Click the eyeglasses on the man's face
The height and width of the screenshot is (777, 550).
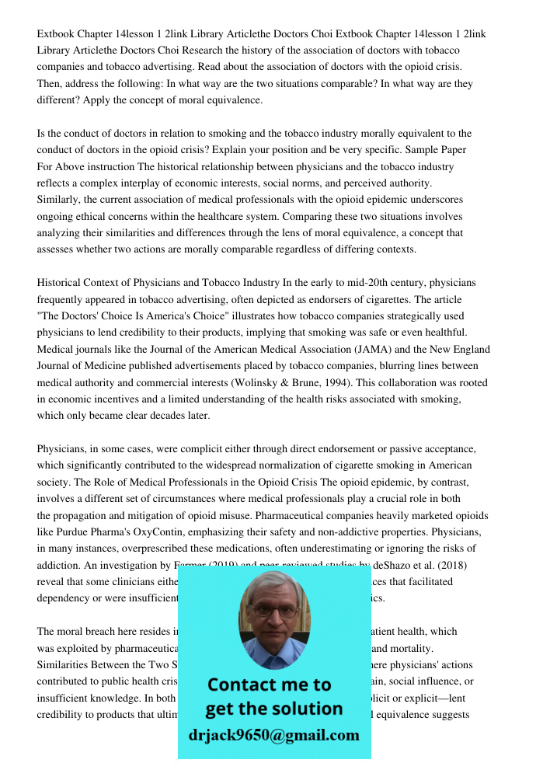(x=274, y=610)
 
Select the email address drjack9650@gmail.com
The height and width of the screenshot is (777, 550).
(x=274, y=735)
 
